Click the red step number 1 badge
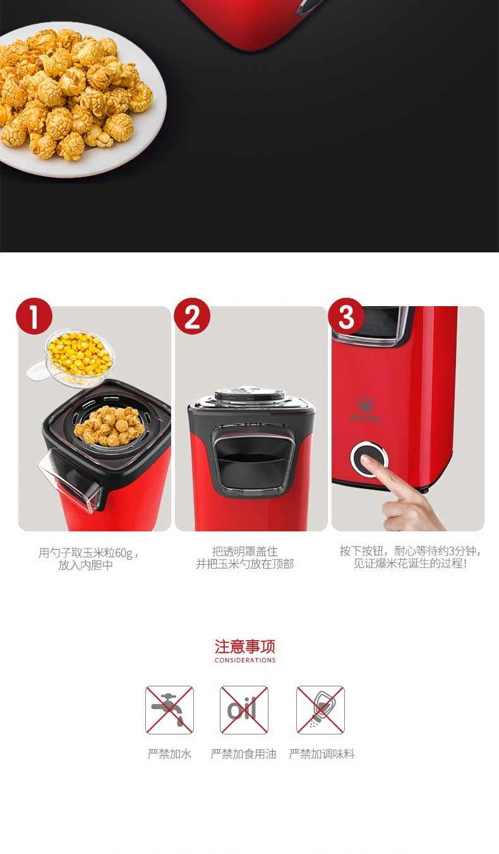click(x=34, y=316)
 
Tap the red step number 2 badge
click(x=192, y=316)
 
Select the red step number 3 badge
click(x=346, y=316)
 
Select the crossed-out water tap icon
click(x=169, y=710)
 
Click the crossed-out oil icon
click(x=244, y=710)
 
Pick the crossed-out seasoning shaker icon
click(x=320, y=710)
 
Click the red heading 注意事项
click(x=244, y=647)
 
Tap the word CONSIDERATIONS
click(x=245, y=660)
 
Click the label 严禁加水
click(x=169, y=754)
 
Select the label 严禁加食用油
click(x=244, y=754)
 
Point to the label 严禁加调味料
click(x=322, y=754)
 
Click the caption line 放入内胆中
click(x=86, y=565)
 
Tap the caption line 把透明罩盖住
click(x=244, y=551)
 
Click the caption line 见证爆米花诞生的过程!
click(x=410, y=564)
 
